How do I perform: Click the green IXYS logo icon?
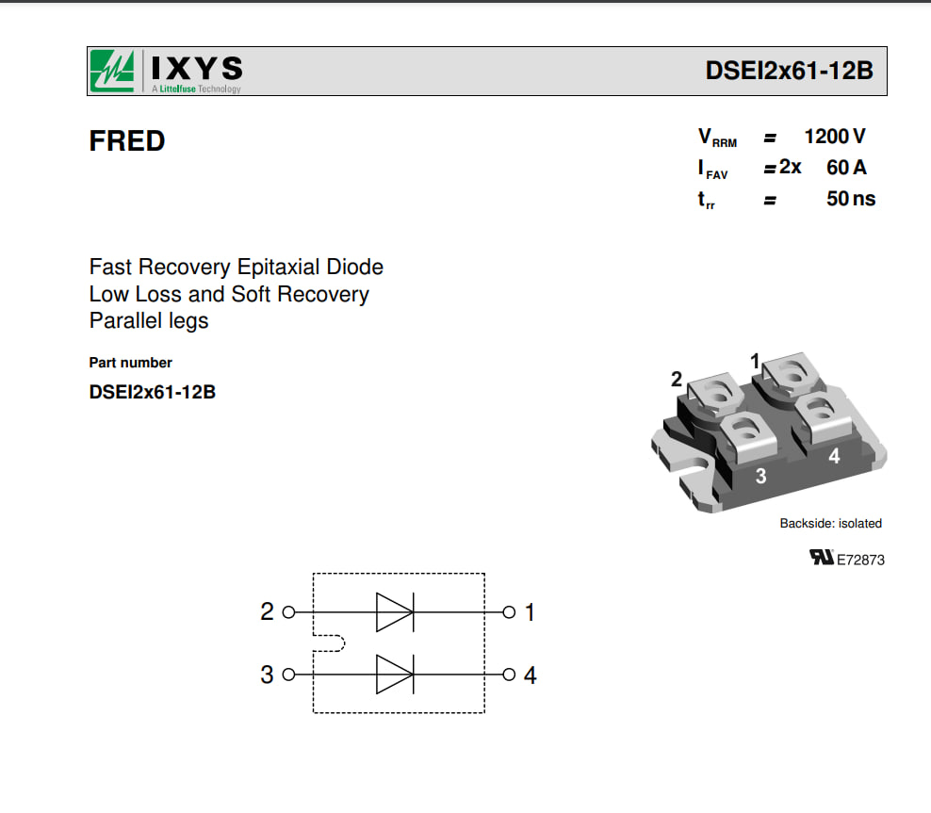pos(112,72)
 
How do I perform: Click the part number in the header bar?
pos(789,71)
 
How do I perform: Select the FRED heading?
pos(127,141)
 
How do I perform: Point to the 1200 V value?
pos(835,137)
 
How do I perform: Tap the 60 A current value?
pos(846,168)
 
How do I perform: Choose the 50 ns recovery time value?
pos(851,198)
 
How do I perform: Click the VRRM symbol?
pos(717,138)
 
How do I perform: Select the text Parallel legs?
pos(149,321)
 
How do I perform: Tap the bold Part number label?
pos(131,363)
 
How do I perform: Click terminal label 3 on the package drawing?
pos(760,476)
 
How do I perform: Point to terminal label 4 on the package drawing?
pos(834,456)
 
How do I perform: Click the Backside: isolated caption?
pos(831,524)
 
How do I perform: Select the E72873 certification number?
pos(860,560)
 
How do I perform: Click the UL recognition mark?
pos(822,558)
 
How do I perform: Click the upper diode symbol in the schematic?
pos(395,611)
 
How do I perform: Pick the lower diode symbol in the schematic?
pos(395,675)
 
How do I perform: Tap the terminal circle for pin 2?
pos(288,611)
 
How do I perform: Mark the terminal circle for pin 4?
pos(509,675)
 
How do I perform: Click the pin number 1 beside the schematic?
pos(531,612)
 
